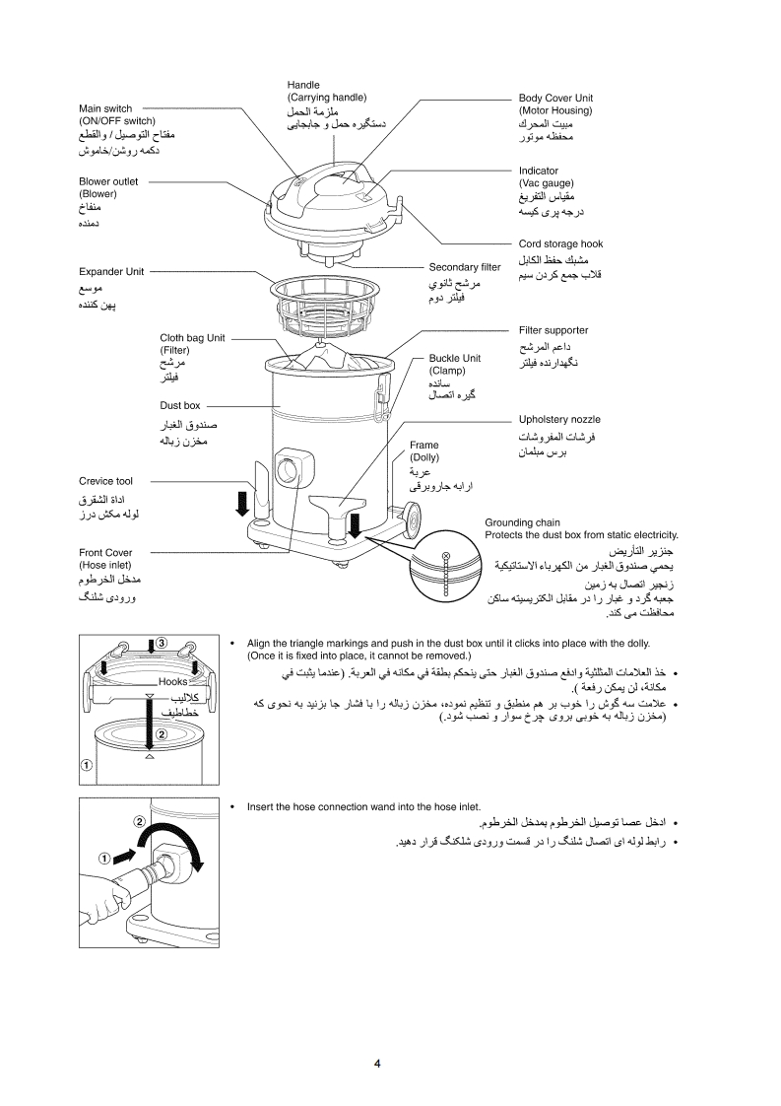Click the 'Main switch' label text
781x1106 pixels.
(x=105, y=108)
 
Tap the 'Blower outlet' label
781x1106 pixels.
(x=108, y=181)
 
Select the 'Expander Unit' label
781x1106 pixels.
(x=111, y=271)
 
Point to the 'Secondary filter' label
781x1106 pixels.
(x=464, y=267)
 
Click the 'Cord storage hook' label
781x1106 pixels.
(x=560, y=243)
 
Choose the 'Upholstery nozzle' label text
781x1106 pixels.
(x=559, y=419)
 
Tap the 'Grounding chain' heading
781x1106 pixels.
(x=522, y=522)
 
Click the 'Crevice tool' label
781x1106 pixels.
(x=105, y=481)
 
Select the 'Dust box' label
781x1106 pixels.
(x=180, y=405)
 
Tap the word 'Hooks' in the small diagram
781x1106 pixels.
(x=172, y=681)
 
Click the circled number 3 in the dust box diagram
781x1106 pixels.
(x=160, y=645)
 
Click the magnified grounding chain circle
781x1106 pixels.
(x=446, y=575)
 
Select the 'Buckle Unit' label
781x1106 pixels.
(x=454, y=358)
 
